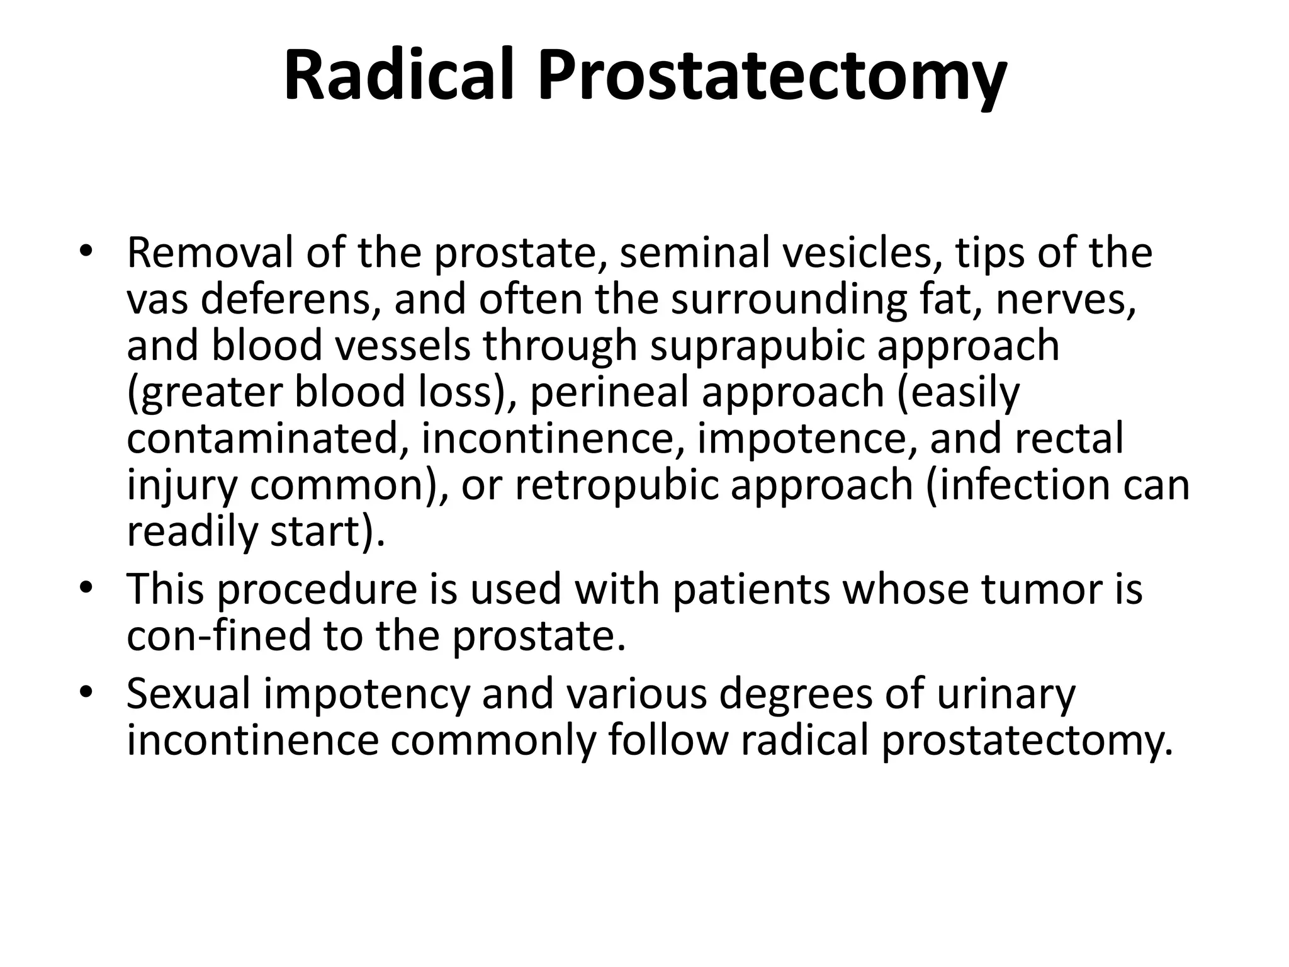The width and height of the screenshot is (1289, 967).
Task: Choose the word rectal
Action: (x=1069, y=438)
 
